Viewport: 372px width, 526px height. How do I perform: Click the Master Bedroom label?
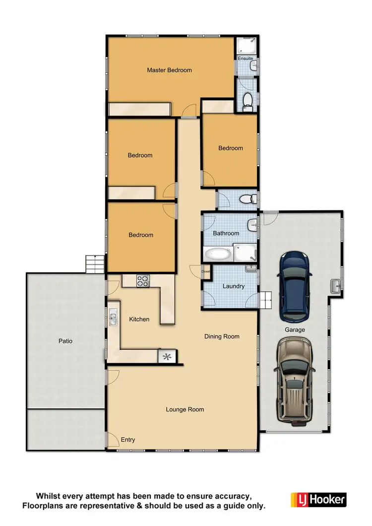pyautogui.click(x=169, y=70)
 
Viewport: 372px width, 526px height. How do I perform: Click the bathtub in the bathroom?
pyautogui.click(x=218, y=255)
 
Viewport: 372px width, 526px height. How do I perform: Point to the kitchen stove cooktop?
pyautogui.click(x=143, y=281)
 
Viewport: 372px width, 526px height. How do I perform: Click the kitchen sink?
pyautogui.click(x=113, y=317)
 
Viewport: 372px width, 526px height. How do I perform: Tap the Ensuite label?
pyautogui.click(x=245, y=59)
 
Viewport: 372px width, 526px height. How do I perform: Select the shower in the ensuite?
pyautogui.click(x=246, y=46)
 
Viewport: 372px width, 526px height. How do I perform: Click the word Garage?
pyautogui.click(x=295, y=329)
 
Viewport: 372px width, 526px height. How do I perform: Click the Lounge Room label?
pyautogui.click(x=185, y=409)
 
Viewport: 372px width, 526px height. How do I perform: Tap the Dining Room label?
pyautogui.click(x=222, y=336)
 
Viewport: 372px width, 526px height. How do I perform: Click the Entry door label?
pyautogui.click(x=127, y=440)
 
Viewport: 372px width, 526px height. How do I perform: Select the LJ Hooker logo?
pyautogui.click(x=318, y=499)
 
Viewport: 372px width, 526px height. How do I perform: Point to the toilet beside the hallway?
pyautogui.click(x=247, y=199)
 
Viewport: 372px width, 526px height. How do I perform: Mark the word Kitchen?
pyautogui.click(x=139, y=319)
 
